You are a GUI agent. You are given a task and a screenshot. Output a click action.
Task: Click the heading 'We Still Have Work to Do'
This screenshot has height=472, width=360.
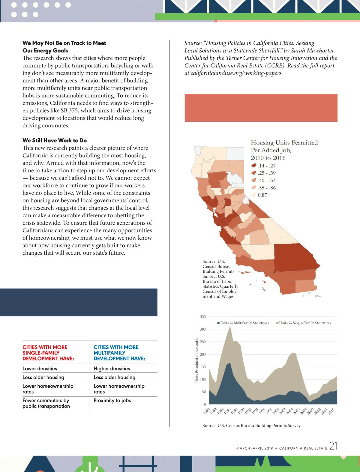[55, 140]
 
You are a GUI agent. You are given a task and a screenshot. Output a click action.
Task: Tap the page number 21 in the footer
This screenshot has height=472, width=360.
[333, 446]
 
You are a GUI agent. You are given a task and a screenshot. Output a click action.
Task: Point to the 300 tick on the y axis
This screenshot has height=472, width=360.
[203, 329]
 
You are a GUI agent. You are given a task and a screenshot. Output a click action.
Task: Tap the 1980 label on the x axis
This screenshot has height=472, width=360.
[206, 411]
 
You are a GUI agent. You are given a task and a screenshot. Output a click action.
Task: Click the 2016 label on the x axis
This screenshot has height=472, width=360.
[331, 411]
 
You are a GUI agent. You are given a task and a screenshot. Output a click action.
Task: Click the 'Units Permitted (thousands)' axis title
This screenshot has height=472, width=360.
[197, 360]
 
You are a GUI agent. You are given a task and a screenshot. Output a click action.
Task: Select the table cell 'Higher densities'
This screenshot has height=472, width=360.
[112, 369]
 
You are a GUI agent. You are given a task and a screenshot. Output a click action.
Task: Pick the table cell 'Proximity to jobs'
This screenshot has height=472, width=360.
[112, 400]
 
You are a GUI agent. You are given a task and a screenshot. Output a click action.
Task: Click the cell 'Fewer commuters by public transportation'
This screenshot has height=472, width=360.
[46, 403]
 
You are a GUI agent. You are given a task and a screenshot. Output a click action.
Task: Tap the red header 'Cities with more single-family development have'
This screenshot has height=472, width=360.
[48, 353]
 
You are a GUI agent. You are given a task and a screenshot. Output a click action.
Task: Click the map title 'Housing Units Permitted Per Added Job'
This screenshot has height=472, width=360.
[284, 150]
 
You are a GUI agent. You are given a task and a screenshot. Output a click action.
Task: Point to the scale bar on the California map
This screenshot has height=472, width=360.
[309, 296]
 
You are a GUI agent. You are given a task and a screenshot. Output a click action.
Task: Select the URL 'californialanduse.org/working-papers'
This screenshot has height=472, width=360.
[236, 73]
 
